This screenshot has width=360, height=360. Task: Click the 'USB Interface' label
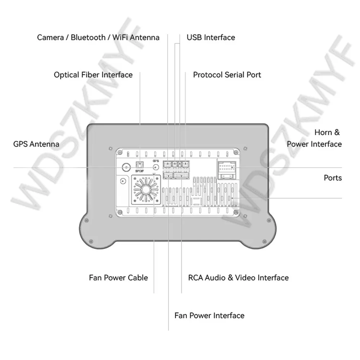(x=211, y=37)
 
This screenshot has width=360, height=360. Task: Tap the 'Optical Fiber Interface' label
(x=93, y=75)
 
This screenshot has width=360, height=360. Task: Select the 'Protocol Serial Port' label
(x=227, y=75)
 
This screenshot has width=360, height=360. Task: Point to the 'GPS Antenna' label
(x=36, y=144)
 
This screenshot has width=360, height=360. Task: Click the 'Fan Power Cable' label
(x=118, y=278)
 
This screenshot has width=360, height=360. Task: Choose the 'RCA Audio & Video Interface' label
(x=238, y=278)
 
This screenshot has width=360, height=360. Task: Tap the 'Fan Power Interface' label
(x=209, y=316)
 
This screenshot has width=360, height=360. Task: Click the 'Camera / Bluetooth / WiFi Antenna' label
(x=98, y=37)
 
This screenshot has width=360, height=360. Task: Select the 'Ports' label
(x=333, y=178)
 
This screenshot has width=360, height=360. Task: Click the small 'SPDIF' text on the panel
(x=139, y=171)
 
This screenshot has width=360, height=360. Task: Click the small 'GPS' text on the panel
(x=156, y=161)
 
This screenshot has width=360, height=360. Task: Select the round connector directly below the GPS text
(x=156, y=167)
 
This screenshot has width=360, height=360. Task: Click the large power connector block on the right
(x=226, y=170)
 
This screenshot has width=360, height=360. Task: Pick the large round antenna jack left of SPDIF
(x=126, y=167)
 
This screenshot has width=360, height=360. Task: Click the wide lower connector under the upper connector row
(x=181, y=175)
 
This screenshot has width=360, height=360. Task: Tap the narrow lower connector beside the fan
(x=168, y=175)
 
